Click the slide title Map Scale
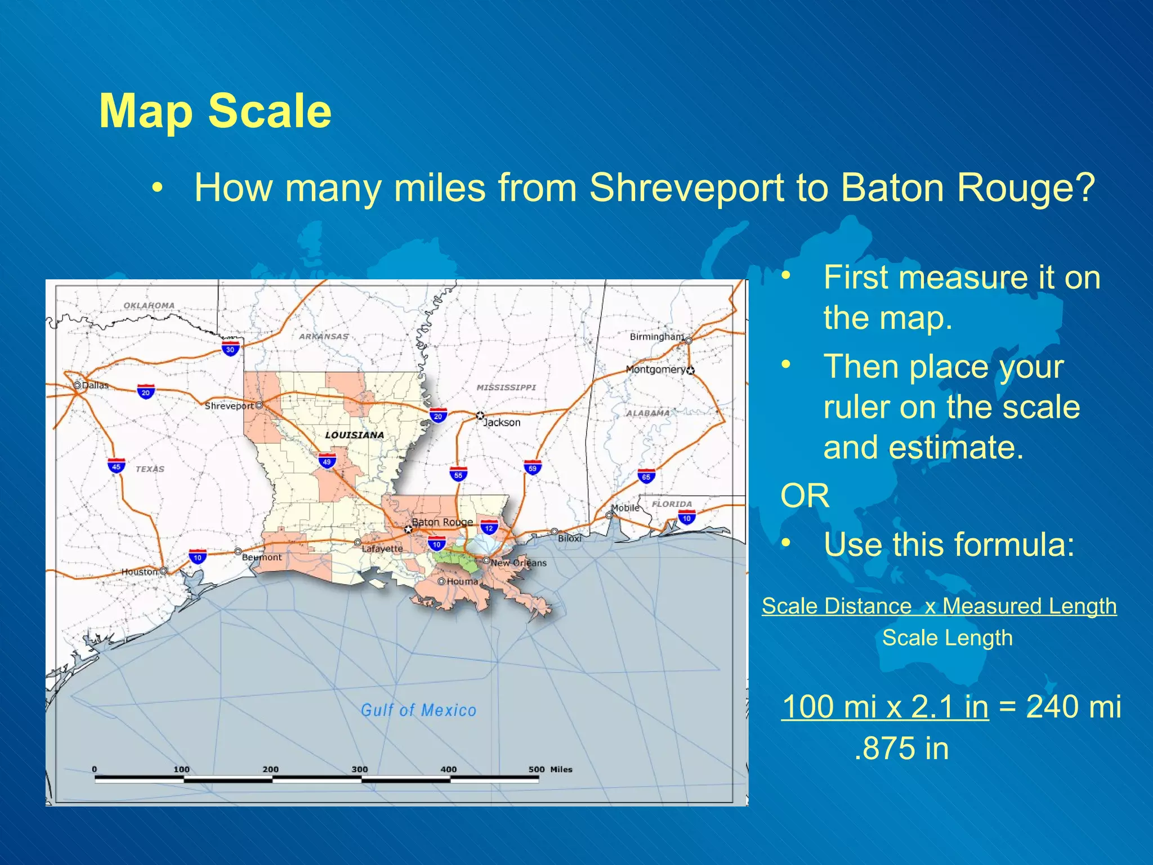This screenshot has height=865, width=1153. point(215,111)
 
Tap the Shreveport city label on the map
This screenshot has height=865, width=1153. point(229,406)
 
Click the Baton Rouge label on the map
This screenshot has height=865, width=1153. point(443,522)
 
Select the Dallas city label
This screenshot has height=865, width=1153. point(95,386)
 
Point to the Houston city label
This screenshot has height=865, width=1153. point(140,572)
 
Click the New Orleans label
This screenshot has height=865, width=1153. point(519,563)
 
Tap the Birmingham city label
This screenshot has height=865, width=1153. point(656,337)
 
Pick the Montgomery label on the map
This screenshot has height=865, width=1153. point(655,369)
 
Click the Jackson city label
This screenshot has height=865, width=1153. point(502,422)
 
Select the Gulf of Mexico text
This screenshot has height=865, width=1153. point(418,710)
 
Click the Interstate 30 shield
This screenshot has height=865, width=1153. point(230,348)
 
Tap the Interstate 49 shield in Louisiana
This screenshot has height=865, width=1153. point(327,460)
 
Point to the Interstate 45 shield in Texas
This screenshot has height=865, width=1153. point(116,466)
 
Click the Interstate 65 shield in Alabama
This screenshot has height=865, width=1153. point(646,475)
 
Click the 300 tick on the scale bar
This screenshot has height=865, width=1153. point(360,769)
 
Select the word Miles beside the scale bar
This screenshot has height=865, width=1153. point(561,769)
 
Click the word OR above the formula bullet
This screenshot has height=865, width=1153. point(805,496)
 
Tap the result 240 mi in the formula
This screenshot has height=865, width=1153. point(1074,706)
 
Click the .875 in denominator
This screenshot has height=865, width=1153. point(901,748)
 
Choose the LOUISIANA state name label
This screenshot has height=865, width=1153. point(354,435)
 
